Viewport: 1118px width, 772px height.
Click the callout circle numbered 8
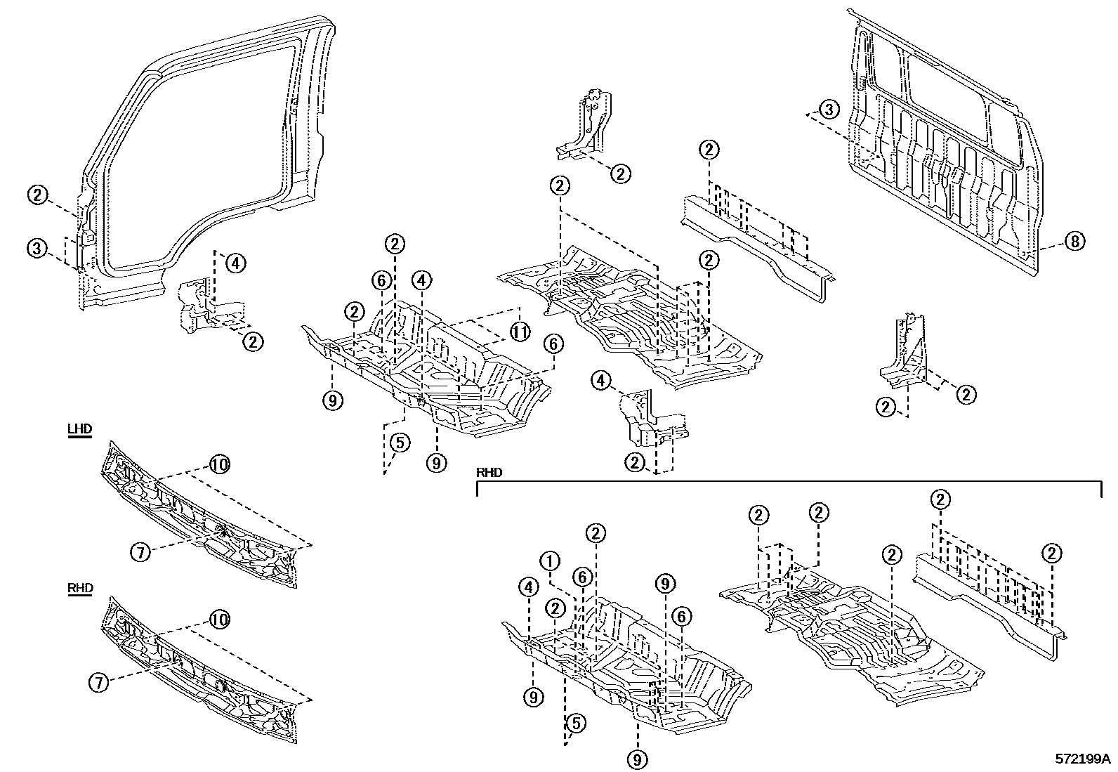[1074, 241]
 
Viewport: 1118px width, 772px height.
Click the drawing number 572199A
[1082, 759]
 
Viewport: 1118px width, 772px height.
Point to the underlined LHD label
[80, 430]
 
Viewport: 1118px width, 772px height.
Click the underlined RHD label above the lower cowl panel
[80, 589]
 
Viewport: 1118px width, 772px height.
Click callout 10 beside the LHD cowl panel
[219, 464]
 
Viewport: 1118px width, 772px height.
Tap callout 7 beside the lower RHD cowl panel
[99, 681]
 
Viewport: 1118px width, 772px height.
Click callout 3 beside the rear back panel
[829, 110]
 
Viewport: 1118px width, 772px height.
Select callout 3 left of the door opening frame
[37, 247]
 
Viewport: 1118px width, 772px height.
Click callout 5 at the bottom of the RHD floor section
[575, 723]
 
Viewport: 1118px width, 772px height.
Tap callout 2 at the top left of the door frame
[37, 195]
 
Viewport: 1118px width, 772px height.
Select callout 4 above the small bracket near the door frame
[235, 264]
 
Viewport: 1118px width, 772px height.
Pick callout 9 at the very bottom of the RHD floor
[638, 759]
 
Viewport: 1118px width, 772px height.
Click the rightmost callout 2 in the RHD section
[1051, 554]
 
